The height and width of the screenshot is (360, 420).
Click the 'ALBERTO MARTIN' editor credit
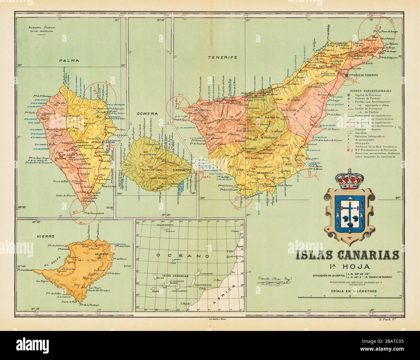point(40,28)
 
